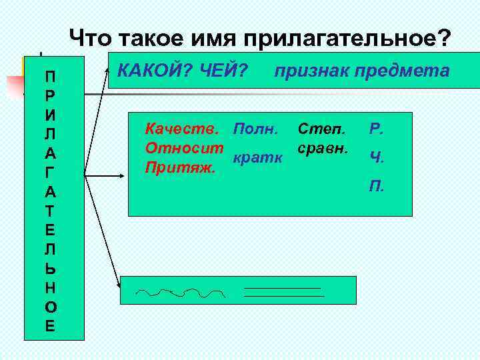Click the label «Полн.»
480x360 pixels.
(258, 127)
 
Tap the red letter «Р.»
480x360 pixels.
(375, 129)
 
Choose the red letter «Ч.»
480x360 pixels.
(375, 157)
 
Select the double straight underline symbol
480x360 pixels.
(283, 291)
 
